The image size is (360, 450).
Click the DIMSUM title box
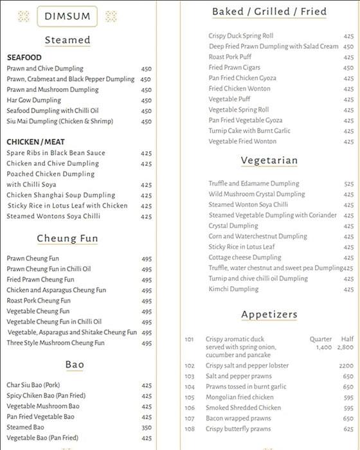tap(67, 17)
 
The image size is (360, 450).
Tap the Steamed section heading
tap(67, 40)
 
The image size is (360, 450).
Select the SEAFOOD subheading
tap(24, 57)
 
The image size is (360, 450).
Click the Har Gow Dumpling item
tap(34, 100)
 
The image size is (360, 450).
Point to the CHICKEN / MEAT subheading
tap(35, 142)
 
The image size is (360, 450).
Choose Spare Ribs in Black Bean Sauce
tap(56, 153)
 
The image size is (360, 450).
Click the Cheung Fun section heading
tap(67, 239)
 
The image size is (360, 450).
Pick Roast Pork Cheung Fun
tap(39, 301)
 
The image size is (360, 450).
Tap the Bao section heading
tap(75, 364)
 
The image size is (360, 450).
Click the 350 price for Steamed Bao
tap(147, 428)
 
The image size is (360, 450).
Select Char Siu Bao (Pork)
tap(33, 385)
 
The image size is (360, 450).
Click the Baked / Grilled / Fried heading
tap(269, 12)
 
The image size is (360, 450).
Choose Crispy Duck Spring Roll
tap(241, 36)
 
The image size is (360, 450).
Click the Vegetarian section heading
tap(269, 161)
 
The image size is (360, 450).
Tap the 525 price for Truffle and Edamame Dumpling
tap(348, 184)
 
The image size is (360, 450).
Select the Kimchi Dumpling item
tap(233, 289)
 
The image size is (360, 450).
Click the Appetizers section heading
tap(269, 314)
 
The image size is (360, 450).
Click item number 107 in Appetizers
tap(189, 419)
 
